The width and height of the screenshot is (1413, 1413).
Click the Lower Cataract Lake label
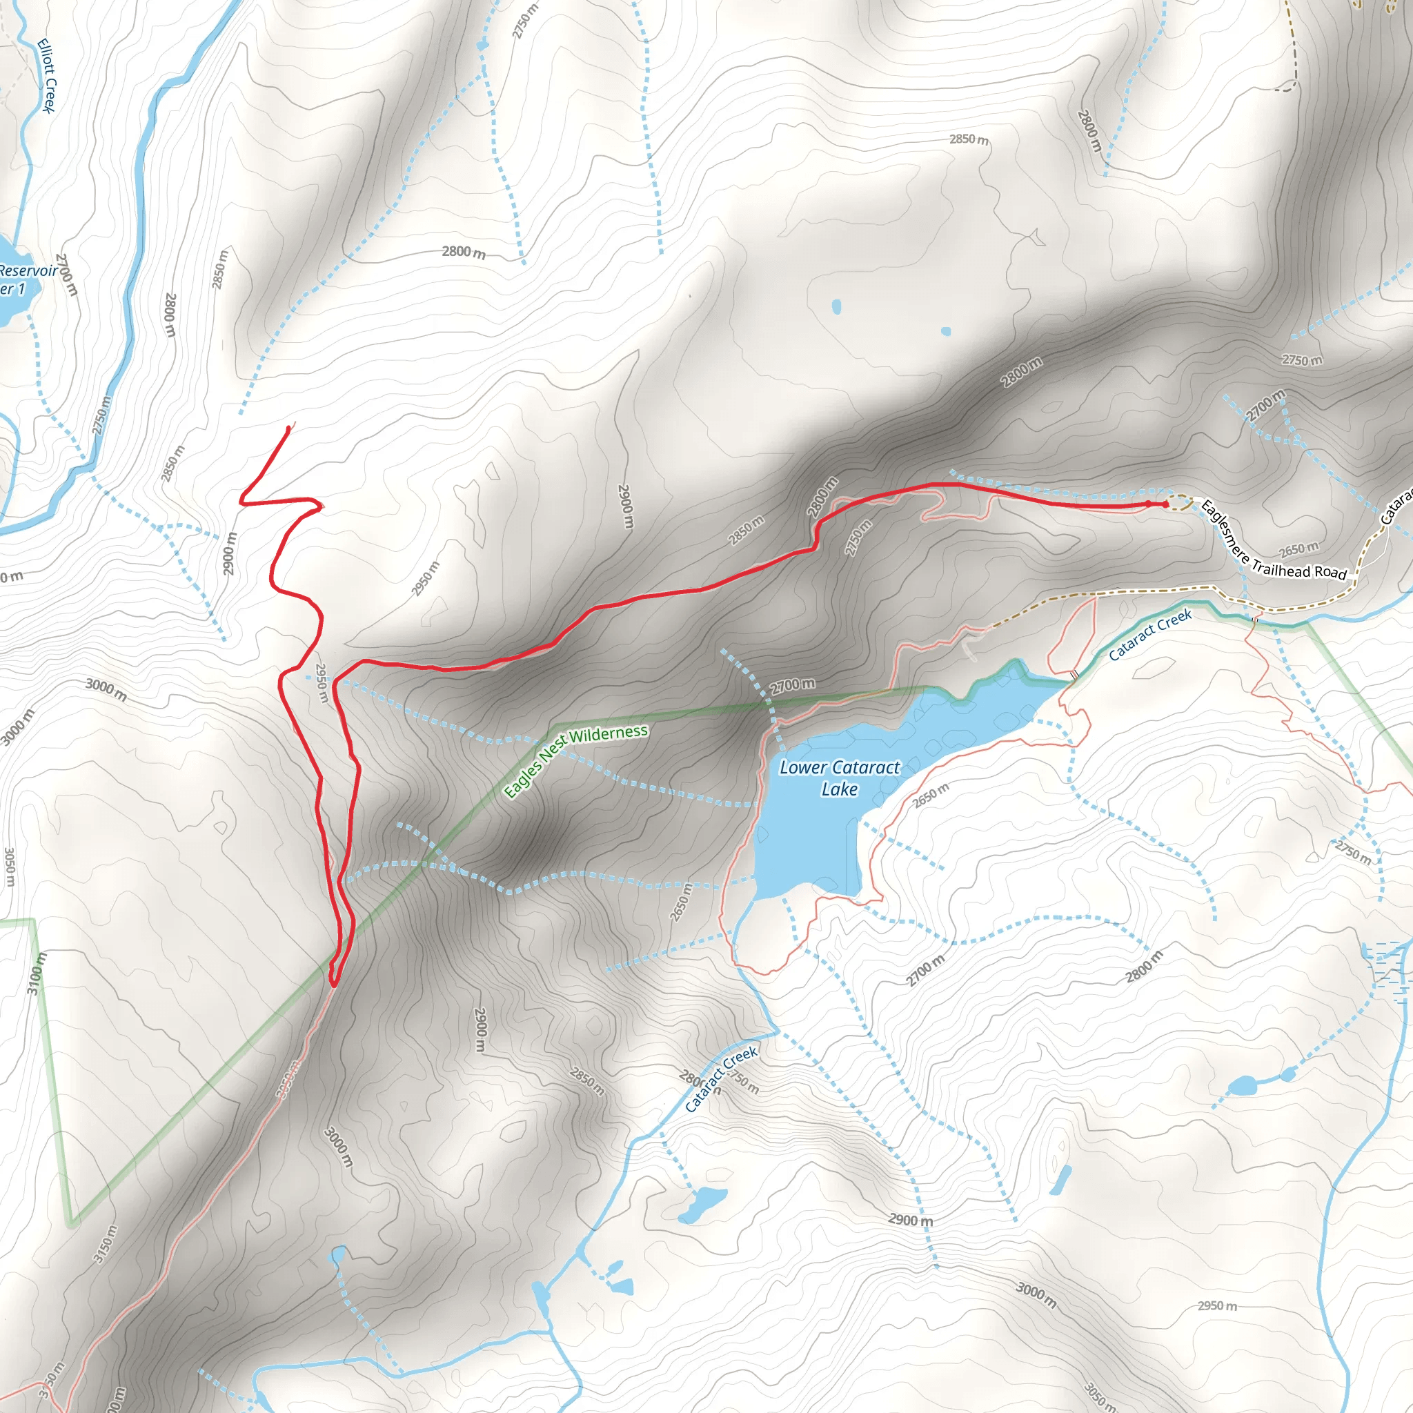[x=840, y=778]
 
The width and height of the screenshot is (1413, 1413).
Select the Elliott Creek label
[x=46, y=75]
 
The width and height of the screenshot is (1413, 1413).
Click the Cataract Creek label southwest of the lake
[x=721, y=1080]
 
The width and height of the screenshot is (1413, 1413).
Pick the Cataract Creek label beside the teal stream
[x=1149, y=634]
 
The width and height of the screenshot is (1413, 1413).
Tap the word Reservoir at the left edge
[x=28, y=270]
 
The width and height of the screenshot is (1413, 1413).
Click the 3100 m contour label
[x=36, y=973]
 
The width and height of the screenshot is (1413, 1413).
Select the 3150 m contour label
[x=106, y=1243]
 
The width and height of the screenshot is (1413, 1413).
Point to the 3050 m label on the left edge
[x=10, y=866]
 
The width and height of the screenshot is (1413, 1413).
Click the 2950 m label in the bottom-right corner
[x=1217, y=1305]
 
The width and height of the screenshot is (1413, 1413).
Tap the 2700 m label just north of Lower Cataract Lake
[x=793, y=685]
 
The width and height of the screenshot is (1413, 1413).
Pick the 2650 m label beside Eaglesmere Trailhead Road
[x=1299, y=549]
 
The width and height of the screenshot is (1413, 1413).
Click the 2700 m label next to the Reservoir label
[x=66, y=275]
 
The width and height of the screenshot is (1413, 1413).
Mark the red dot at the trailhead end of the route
[x=1165, y=504]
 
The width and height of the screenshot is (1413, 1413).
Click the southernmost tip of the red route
[x=333, y=985]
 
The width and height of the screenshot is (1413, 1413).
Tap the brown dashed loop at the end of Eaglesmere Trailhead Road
[x=1178, y=502]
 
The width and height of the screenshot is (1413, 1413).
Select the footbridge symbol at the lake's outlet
[x=1074, y=673]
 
